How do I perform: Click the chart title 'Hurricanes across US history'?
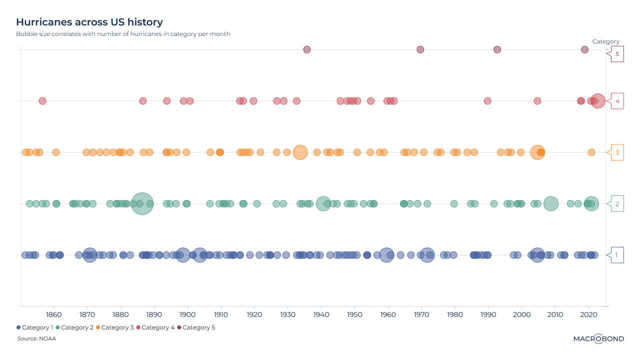[89, 22]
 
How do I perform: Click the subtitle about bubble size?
[123, 34]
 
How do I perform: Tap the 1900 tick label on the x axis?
[187, 314]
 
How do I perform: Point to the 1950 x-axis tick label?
[354, 314]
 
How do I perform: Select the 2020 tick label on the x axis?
[588, 314]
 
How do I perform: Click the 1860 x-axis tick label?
[53, 314]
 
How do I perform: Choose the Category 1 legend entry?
[35, 327]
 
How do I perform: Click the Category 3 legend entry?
[115, 327]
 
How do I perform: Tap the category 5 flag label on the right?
[617, 54]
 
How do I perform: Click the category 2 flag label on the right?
[617, 204]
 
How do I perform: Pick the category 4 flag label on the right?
[617, 101]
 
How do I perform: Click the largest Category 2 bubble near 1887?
[142, 203]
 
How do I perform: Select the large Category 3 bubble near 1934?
[300, 152]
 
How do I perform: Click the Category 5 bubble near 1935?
[307, 49]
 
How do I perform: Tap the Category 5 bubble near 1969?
[420, 49]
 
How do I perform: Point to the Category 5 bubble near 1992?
[497, 49]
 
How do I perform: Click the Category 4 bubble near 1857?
[42, 101]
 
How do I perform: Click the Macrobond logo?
[598, 339]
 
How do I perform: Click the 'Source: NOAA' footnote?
[36, 339]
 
